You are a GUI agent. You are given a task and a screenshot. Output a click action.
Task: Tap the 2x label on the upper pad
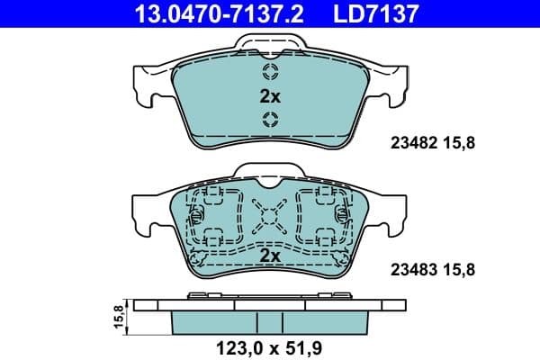click(x=269, y=96)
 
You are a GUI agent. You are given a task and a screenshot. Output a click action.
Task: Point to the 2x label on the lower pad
click(x=269, y=256)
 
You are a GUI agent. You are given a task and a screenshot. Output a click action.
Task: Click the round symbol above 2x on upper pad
click(x=270, y=73)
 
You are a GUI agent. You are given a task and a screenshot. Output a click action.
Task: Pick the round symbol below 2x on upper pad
click(x=270, y=121)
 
